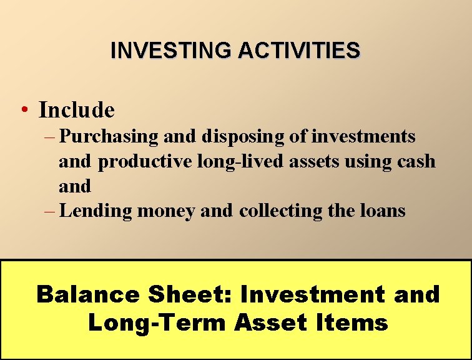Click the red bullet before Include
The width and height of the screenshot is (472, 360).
[22, 111]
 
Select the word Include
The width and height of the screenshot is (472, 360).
[77, 111]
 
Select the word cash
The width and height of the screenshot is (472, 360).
[416, 161]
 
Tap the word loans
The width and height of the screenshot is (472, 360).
[383, 211]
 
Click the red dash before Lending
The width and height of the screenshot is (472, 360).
[50, 211]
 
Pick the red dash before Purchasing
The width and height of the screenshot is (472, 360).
[50, 136]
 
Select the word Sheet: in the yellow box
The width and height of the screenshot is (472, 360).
[199, 294]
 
